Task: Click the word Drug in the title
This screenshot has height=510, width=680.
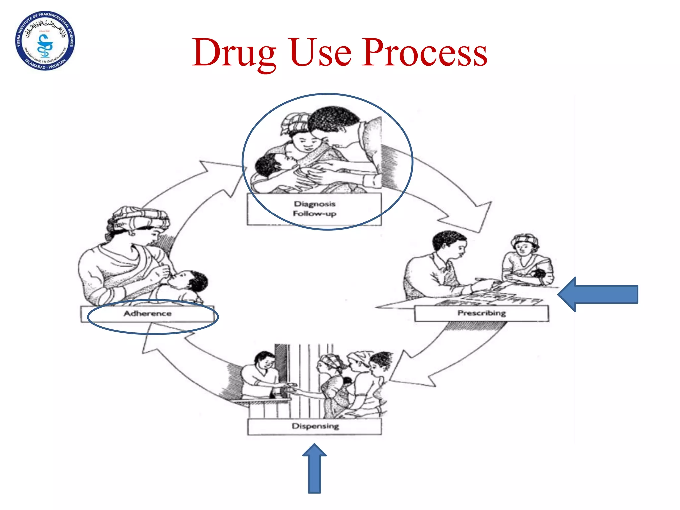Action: [234, 53]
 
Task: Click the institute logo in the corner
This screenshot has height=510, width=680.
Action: [45, 41]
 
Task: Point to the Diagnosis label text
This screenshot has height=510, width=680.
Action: [314, 204]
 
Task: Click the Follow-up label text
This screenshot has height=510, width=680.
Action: [314, 213]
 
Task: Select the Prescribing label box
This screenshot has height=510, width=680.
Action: [481, 313]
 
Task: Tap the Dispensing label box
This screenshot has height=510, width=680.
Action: [315, 426]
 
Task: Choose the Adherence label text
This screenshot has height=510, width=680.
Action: [147, 314]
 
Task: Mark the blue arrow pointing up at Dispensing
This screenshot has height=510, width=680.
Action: [314, 468]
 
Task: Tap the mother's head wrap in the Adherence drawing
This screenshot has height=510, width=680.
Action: [139, 217]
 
